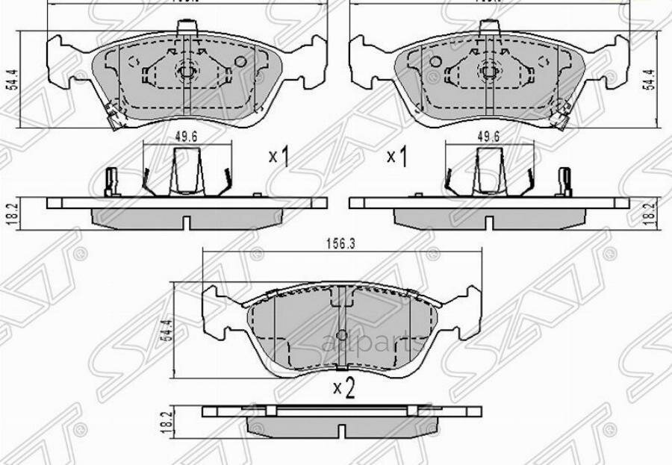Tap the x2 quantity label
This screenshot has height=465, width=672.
tap(343, 387)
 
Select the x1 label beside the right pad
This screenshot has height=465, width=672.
tap(396, 157)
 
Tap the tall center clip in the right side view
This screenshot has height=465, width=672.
tap(489, 170)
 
